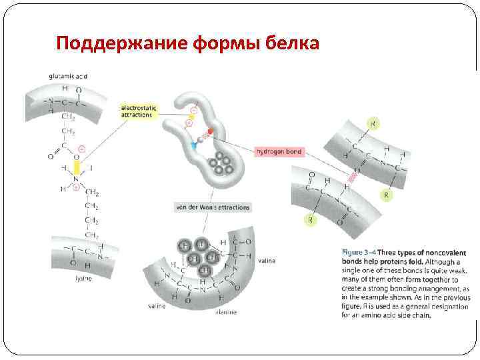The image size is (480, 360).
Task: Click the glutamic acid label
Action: tap(68, 76)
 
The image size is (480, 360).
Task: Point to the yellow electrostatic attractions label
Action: tap(137, 111)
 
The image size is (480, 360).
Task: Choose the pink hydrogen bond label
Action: tap(279, 152)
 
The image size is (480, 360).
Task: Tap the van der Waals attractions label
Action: tap(211, 207)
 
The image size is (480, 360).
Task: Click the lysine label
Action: tap(83, 279)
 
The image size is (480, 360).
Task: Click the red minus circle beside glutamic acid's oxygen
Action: tap(81, 149)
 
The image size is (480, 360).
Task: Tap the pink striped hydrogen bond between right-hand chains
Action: tap(351, 175)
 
